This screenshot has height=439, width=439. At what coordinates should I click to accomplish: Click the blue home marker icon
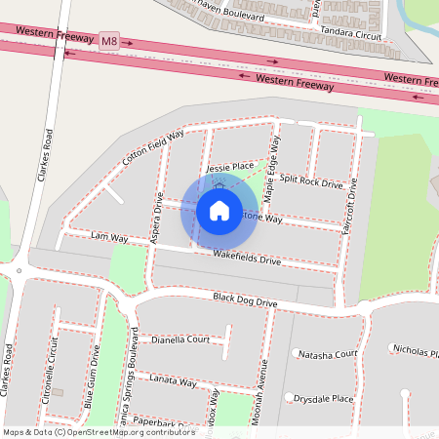219,210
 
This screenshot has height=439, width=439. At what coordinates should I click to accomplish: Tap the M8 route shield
109,41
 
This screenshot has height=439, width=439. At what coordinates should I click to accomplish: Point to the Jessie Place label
230,168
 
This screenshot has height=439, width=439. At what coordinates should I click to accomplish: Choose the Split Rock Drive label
311,181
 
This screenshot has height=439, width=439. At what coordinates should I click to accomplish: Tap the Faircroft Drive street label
352,211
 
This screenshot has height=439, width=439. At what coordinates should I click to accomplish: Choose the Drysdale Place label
325,398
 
